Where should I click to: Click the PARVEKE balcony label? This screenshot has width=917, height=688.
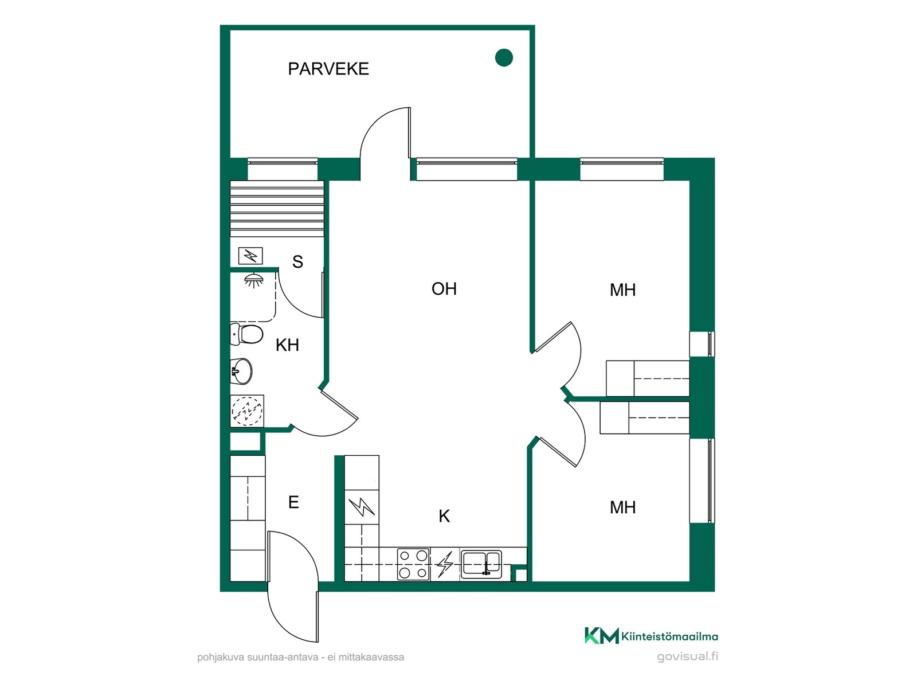(x=328, y=69)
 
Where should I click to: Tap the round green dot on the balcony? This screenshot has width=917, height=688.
(x=503, y=58)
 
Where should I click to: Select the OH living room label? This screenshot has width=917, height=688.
(x=444, y=288)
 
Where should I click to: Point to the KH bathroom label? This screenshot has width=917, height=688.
(x=287, y=345)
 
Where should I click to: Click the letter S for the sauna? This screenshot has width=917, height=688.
(x=297, y=261)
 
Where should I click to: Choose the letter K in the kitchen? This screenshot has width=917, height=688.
(x=444, y=517)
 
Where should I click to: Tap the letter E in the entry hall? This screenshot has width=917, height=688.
(x=293, y=502)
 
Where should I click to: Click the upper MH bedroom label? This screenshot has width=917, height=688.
(x=622, y=290)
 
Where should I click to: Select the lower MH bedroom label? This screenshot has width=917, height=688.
(x=622, y=507)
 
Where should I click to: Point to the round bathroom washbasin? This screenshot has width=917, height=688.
(x=241, y=371)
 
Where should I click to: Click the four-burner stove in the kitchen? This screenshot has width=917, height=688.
(x=413, y=564)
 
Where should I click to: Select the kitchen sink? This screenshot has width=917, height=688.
(x=481, y=564)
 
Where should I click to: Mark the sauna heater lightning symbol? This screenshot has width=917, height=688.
(x=250, y=256)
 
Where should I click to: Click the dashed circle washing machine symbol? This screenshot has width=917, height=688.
(x=247, y=411)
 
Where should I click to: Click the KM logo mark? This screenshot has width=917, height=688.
(x=602, y=636)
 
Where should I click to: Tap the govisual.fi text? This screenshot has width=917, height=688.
(x=687, y=656)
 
